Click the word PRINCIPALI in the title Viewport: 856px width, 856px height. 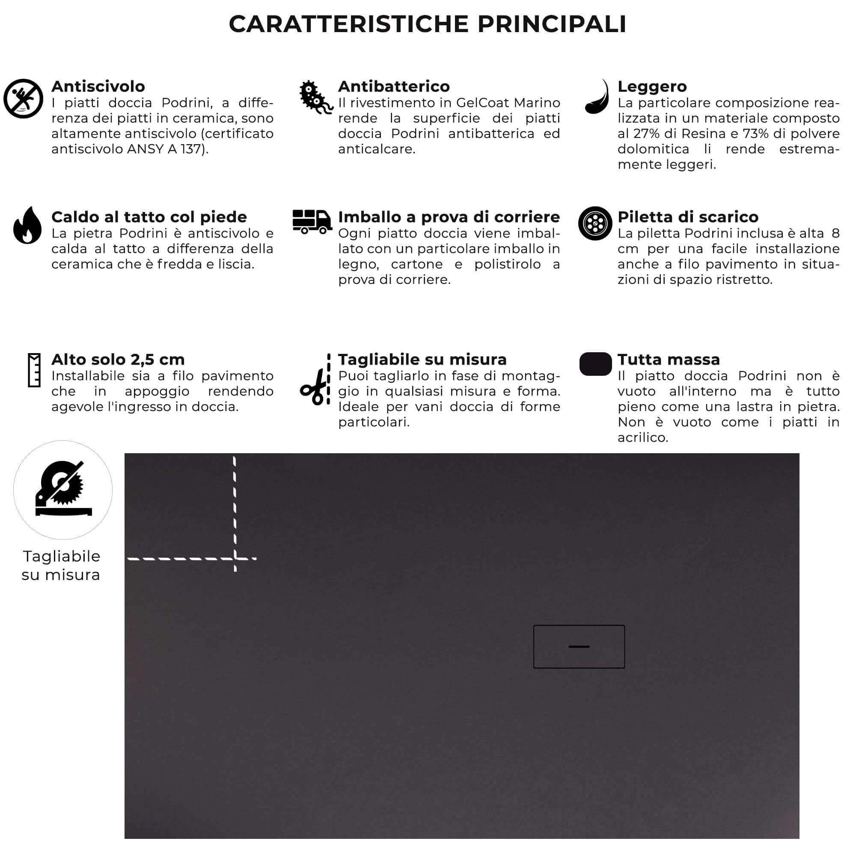(x=552, y=24)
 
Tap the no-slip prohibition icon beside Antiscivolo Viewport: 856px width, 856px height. (x=23, y=98)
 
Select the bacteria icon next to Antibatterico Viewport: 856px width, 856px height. (x=315, y=98)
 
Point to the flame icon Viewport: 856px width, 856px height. (x=27, y=226)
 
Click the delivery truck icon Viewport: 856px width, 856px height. (x=312, y=221)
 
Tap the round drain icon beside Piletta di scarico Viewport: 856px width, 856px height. (x=595, y=223)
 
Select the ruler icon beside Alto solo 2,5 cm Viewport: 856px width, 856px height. (x=34, y=370)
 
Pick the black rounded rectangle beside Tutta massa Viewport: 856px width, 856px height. (x=595, y=364)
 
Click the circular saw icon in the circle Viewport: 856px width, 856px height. (x=63, y=489)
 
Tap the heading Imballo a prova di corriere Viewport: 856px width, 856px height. (x=449, y=217)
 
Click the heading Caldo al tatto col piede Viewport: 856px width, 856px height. (x=149, y=217)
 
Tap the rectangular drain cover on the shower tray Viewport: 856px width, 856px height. (x=579, y=647)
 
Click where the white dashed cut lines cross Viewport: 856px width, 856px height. (x=235, y=559)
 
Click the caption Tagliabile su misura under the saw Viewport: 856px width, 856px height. (x=62, y=565)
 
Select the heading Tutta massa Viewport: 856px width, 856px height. (x=668, y=360)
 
